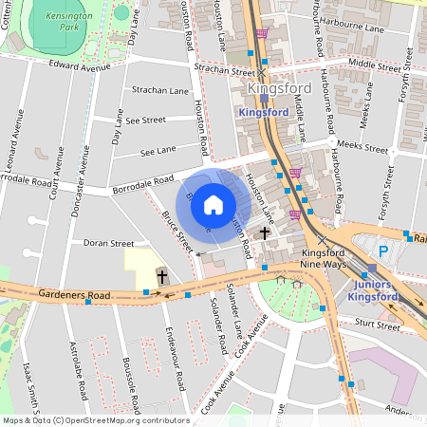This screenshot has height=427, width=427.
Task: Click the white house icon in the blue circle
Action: [x=213, y=204]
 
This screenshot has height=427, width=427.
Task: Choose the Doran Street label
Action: [x=108, y=243]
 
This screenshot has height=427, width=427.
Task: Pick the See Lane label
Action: [x=158, y=150]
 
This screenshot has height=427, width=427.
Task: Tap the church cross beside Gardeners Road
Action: [x=162, y=277]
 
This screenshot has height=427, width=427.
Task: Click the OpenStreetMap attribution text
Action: [x=95, y=420]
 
